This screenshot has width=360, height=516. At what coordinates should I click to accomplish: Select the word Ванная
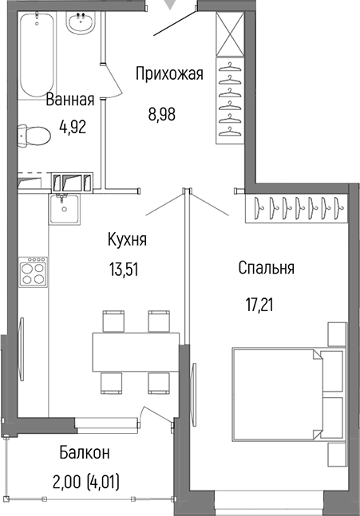(70, 100)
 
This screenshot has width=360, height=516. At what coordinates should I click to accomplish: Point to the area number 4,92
(73, 125)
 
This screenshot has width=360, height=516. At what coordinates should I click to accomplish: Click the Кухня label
(127, 239)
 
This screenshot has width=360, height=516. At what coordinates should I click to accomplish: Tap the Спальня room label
(266, 268)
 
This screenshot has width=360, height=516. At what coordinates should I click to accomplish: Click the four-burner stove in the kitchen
(34, 274)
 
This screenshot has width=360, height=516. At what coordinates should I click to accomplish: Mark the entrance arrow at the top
(167, 5)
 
